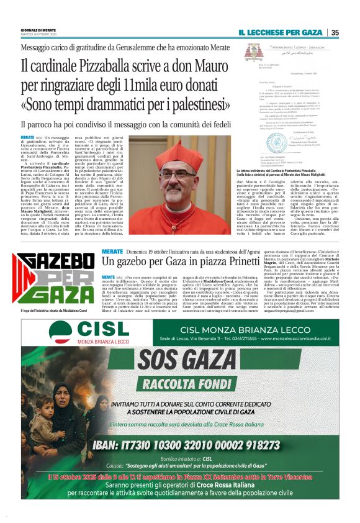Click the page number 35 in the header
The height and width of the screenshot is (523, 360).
(x=335, y=33)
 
